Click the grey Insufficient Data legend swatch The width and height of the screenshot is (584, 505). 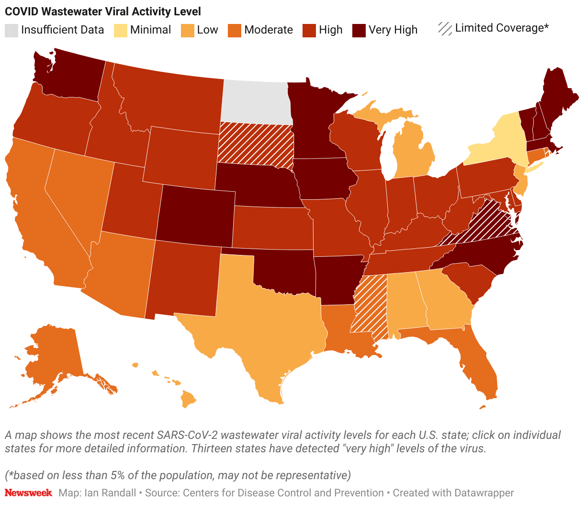11,30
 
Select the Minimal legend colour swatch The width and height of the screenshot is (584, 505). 121,30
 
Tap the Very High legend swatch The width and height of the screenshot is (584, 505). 359,30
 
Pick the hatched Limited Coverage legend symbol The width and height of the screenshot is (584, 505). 445,29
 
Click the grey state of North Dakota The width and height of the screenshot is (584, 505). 256,102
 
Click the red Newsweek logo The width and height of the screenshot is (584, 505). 28,493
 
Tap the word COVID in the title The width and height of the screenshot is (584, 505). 20,11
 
